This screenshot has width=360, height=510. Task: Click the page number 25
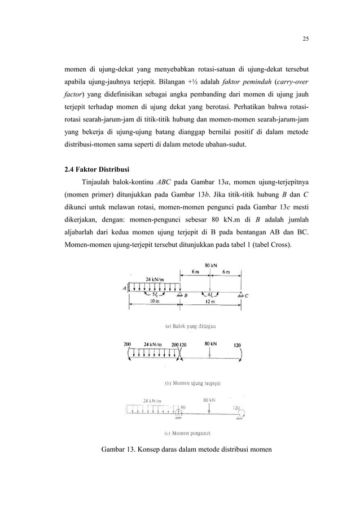coord(305,39)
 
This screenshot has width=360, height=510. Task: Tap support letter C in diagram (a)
coord(247,295)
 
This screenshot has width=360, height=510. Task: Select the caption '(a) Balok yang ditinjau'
coord(191,326)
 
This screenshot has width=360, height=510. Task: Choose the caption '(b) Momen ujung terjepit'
coord(192,383)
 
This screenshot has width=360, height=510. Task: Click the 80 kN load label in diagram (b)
coord(211,343)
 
